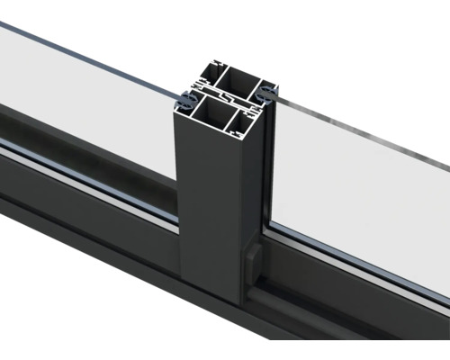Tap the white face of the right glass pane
coord(360,198)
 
